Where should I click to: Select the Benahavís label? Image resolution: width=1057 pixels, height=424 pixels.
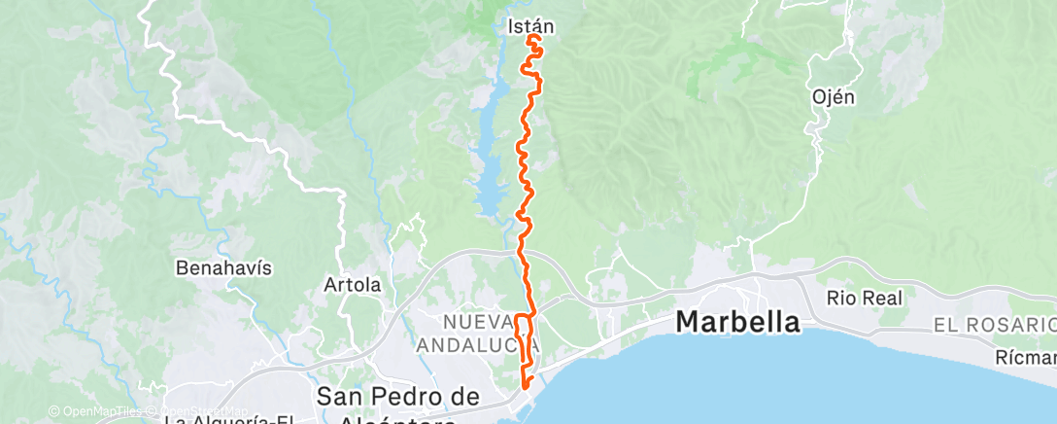click(209, 266)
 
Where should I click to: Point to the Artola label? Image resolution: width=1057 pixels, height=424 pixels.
click(352, 286)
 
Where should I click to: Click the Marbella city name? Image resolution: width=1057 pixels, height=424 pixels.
click(738, 321)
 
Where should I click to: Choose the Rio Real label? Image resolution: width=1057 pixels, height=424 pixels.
click(865, 298)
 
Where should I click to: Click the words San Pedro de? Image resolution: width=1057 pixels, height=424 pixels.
click(398, 396)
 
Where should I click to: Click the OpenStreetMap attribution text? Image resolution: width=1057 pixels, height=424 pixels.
click(194, 411)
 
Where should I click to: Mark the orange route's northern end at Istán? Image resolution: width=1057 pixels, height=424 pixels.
click(530, 39)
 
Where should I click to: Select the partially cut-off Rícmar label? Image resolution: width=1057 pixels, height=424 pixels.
click(1026, 359)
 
